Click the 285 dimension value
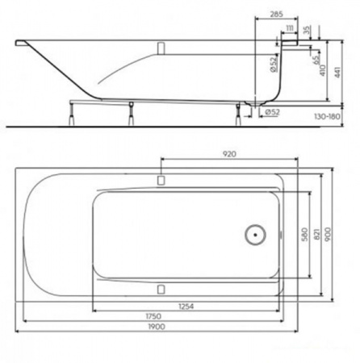pos(276,14)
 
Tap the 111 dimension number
pos(289,28)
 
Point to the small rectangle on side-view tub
pos(161,48)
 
